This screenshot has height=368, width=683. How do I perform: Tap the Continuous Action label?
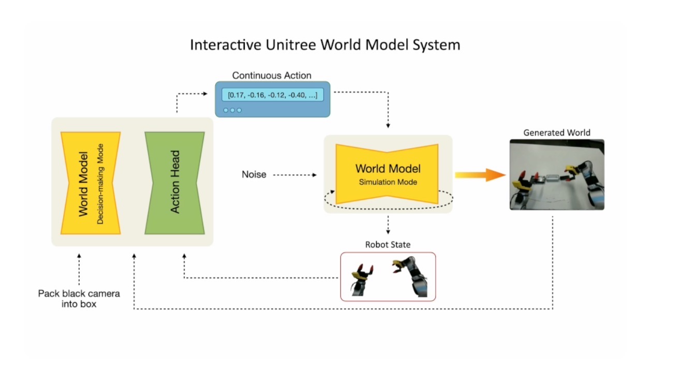tap(272, 76)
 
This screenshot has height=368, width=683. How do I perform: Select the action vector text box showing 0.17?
tap(272, 96)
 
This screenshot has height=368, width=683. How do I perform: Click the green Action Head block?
tap(175, 182)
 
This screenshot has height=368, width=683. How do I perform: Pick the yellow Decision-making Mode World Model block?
tap(91, 182)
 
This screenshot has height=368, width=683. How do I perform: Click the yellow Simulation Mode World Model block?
tap(388, 173)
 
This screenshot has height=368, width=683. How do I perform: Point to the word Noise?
tap(254, 175)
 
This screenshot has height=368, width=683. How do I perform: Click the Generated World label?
tap(556, 133)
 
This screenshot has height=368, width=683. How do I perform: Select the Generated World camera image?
tap(557, 174)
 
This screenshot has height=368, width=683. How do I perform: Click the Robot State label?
tap(388, 244)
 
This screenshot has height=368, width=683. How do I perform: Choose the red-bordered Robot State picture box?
tap(388, 276)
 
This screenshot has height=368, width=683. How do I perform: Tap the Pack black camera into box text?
tap(79, 299)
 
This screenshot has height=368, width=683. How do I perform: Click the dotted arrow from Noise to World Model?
tap(294, 175)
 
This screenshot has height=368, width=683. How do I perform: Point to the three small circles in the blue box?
tap(232, 110)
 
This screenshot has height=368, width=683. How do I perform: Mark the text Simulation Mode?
tap(388, 182)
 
